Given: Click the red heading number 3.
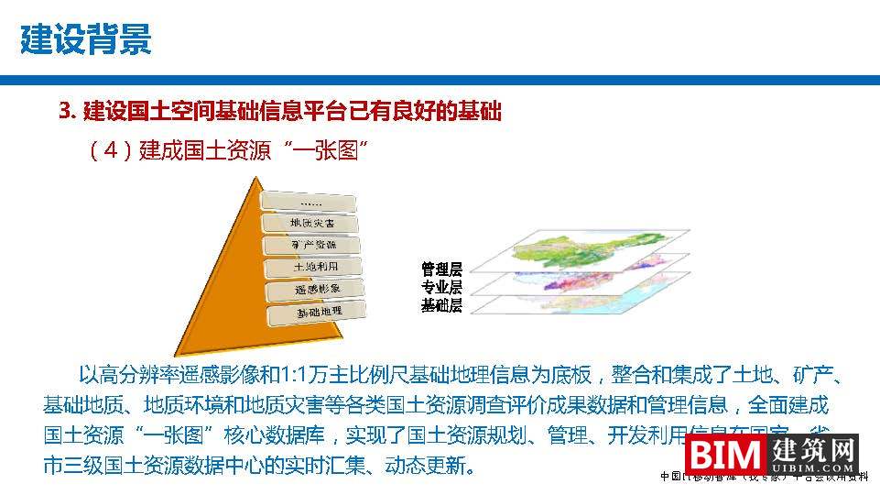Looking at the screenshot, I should [65, 112].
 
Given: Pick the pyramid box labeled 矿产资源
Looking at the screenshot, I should [313, 246].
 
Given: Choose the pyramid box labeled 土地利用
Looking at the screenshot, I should [316, 268].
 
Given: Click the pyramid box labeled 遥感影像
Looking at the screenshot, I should [318, 291].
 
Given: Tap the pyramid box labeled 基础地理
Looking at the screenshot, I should [320, 313].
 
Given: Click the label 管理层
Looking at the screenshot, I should [441, 269].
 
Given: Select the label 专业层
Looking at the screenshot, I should [441, 288].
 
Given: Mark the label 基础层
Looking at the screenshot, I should [441, 306].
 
